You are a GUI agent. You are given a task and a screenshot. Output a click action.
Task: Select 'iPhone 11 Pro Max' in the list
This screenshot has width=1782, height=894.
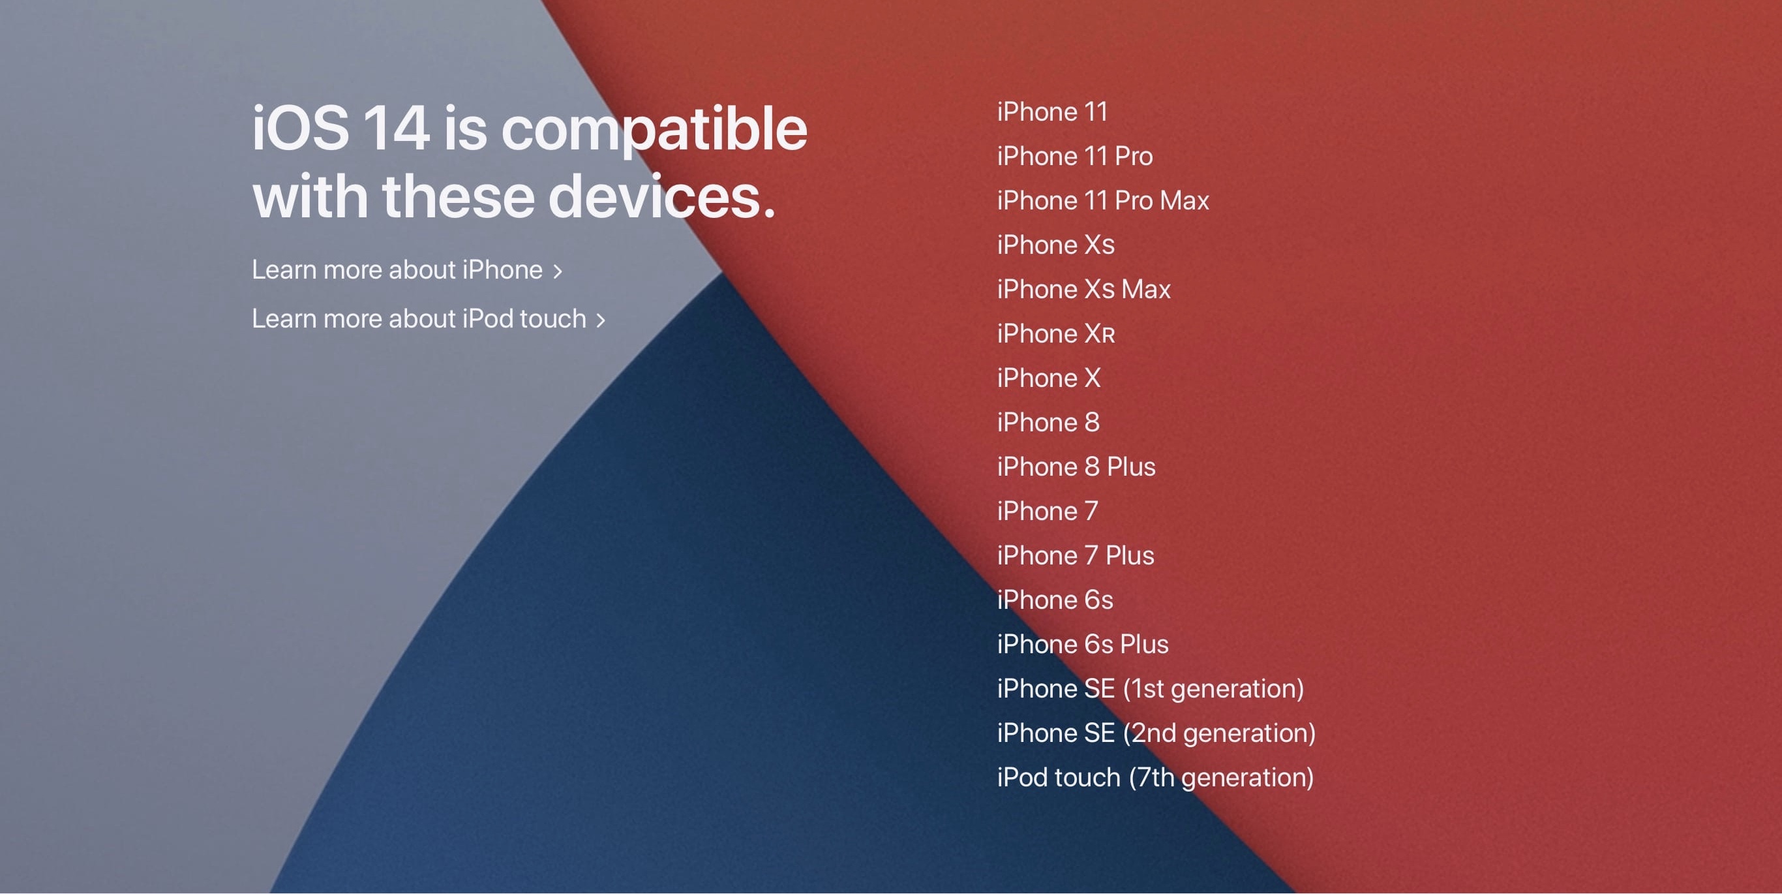point(1103,201)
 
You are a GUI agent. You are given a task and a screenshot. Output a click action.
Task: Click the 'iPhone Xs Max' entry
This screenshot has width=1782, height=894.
point(1083,289)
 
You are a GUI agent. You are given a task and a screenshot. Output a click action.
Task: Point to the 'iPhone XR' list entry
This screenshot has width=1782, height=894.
point(1055,333)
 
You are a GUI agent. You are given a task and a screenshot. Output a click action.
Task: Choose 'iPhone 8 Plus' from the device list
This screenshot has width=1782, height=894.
point(1076,467)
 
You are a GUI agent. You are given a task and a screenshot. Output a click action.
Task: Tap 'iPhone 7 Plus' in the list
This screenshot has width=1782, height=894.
point(1075,555)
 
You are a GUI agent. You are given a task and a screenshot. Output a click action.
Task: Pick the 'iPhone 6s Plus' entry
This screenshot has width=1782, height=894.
point(1083,644)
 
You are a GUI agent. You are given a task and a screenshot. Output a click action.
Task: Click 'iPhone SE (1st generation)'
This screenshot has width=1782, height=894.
point(1151,689)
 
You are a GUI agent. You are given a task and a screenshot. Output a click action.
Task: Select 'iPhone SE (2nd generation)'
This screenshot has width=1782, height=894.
point(1156,733)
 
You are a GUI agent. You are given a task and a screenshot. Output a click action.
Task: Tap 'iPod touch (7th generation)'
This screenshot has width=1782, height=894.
point(1155,778)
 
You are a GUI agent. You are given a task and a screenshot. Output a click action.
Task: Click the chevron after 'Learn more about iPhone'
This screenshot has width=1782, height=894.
point(558,271)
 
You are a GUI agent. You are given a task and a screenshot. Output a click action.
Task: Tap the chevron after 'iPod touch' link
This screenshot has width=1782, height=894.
point(601,320)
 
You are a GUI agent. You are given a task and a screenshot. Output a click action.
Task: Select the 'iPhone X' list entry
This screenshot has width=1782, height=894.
point(1048,378)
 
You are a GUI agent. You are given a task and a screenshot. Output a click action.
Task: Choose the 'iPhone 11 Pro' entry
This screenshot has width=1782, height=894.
point(1074,157)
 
